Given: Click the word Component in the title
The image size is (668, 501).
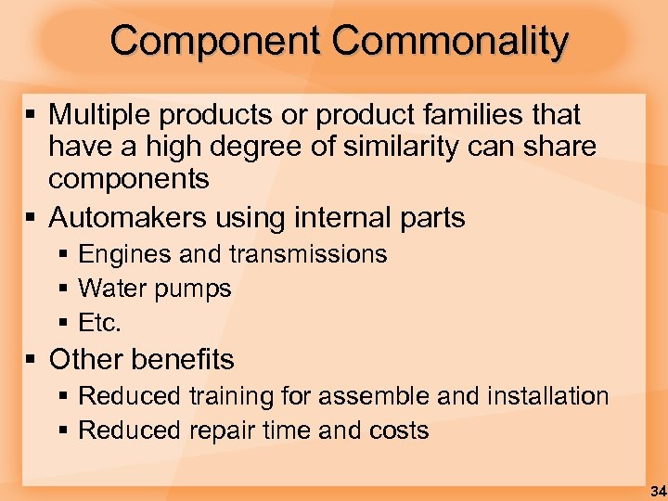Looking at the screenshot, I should pos(215,42).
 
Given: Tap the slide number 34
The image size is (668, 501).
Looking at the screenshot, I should pos(657,490).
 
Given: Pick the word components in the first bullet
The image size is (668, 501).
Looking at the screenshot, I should pos(129,178).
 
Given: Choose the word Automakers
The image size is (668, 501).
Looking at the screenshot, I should pos(128,218).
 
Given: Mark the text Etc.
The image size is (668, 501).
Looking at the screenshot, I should pos(100,324).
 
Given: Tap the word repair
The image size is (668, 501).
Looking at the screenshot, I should pos(223,431).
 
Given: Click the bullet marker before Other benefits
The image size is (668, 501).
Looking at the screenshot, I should pos(32,359).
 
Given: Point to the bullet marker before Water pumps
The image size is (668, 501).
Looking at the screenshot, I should pos(63,289).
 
